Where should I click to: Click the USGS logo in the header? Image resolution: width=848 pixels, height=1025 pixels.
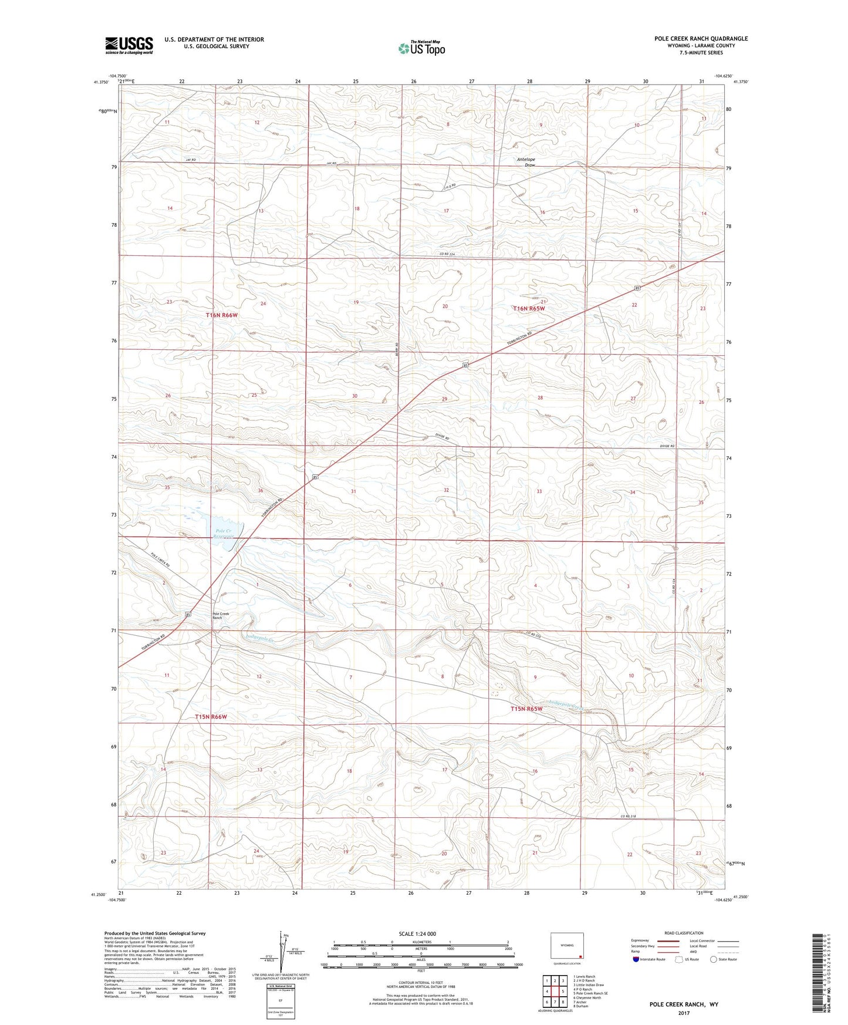coord(129,45)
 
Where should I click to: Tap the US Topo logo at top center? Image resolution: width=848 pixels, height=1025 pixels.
coord(421,48)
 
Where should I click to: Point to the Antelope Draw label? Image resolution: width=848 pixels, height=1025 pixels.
coord(526,162)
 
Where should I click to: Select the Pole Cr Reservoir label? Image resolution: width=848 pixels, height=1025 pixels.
coord(223,533)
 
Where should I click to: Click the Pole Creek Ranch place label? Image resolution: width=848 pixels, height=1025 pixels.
coord(221,616)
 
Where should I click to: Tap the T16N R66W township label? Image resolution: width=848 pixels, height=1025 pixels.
coord(222,315)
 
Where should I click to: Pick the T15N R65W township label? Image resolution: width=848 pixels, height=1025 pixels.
coord(526,709)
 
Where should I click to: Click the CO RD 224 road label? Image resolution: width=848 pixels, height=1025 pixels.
coord(447,254)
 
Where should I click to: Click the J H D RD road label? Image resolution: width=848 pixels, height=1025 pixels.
coord(450,187)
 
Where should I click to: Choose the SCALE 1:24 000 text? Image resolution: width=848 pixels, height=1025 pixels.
coord(417,933)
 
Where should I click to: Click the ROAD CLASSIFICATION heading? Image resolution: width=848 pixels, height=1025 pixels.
coord(684,933)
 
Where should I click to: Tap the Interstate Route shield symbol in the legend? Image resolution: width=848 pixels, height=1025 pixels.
coord(636,959)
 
